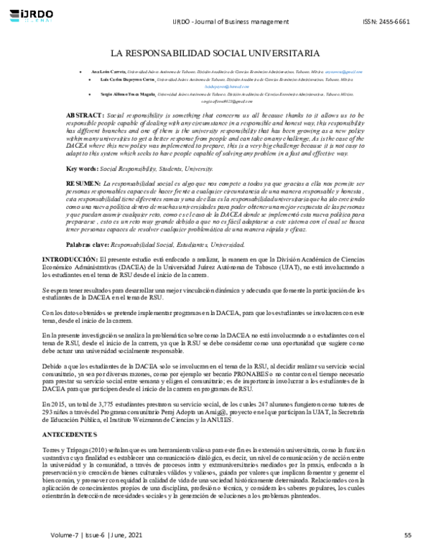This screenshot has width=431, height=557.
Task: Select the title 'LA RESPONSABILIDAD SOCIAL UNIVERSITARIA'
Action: [215, 53]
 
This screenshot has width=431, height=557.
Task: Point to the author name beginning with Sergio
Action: [129, 94]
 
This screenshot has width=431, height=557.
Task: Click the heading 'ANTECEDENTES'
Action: [70, 435]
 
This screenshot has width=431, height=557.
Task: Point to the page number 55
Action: [407, 535]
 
